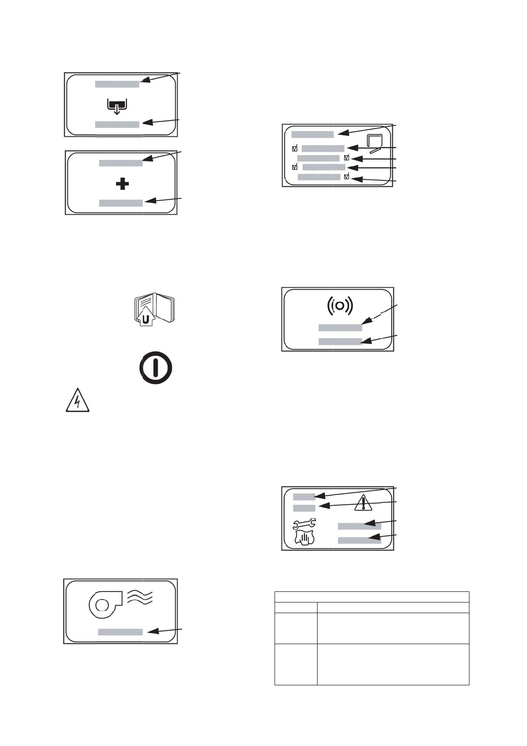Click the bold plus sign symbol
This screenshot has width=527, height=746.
[122, 184]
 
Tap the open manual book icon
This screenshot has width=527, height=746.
[155, 309]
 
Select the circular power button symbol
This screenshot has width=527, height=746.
[155, 367]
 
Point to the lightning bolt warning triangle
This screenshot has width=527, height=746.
[77, 401]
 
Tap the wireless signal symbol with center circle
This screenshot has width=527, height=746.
[340, 306]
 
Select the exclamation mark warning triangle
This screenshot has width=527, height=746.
[363, 503]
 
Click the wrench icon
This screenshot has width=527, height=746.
[304, 525]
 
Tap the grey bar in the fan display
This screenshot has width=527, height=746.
[120, 632]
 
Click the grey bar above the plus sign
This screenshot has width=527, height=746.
[120, 163]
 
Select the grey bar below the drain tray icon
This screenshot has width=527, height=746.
[117, 124]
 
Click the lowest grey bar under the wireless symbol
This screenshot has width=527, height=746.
[340, 342]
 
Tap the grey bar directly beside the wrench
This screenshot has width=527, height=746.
[359, 526]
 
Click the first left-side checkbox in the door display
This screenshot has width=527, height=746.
[295, 149]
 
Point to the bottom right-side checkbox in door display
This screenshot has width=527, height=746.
[347, 177]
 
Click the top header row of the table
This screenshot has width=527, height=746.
[372, 596]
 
